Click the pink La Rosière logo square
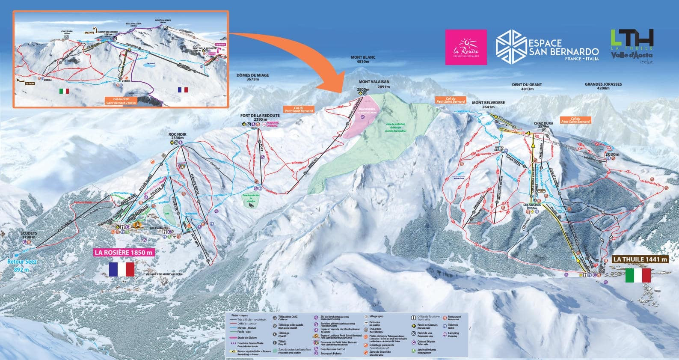(466, 47)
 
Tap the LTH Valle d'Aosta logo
(632, 46)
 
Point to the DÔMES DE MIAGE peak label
(252, 77)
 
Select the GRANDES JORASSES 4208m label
(603, 86)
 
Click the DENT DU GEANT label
(527, 87)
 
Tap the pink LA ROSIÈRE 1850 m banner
(123, 252)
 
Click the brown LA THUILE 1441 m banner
(640, 259)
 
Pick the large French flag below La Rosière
(122, 269)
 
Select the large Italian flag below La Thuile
(637, 275)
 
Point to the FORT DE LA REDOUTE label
(260, 118)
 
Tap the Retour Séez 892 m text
(22, 265)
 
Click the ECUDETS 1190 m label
(29, 235)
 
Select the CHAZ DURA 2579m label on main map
(543, 125)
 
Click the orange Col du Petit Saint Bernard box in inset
(120, 101)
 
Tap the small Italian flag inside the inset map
(64, 91)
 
